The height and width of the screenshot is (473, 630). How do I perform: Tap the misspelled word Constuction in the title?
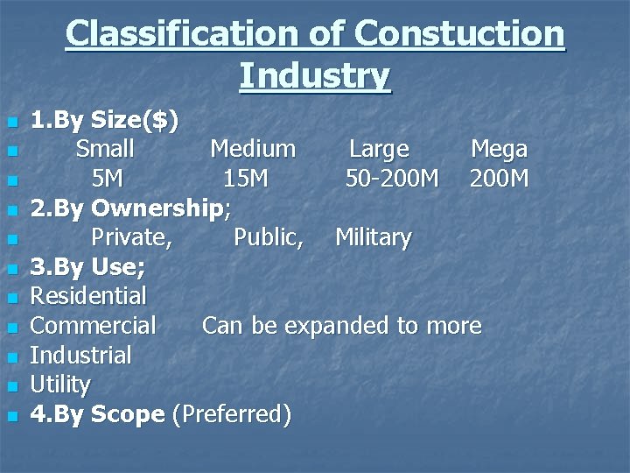(460, 34)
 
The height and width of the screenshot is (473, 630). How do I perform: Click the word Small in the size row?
(105, 148)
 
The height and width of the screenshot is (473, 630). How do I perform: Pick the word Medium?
(253, 148)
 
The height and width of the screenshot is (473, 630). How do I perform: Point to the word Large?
(379, 149)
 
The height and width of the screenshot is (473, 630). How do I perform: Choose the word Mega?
(499, 149)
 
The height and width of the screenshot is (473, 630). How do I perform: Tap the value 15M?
(245, 179)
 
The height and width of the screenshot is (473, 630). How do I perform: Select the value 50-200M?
(392, 179)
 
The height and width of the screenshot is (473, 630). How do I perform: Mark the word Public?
(269, 237)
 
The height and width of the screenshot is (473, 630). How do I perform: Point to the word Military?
(373, 237)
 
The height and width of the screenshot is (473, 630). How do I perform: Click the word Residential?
(88, 296)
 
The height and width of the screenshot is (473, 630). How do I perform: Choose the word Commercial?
(94, 326)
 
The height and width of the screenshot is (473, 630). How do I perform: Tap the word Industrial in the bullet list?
(81, 356)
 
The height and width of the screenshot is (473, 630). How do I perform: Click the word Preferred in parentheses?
(232, 414)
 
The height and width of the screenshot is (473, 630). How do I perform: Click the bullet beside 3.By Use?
(10, 268)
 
